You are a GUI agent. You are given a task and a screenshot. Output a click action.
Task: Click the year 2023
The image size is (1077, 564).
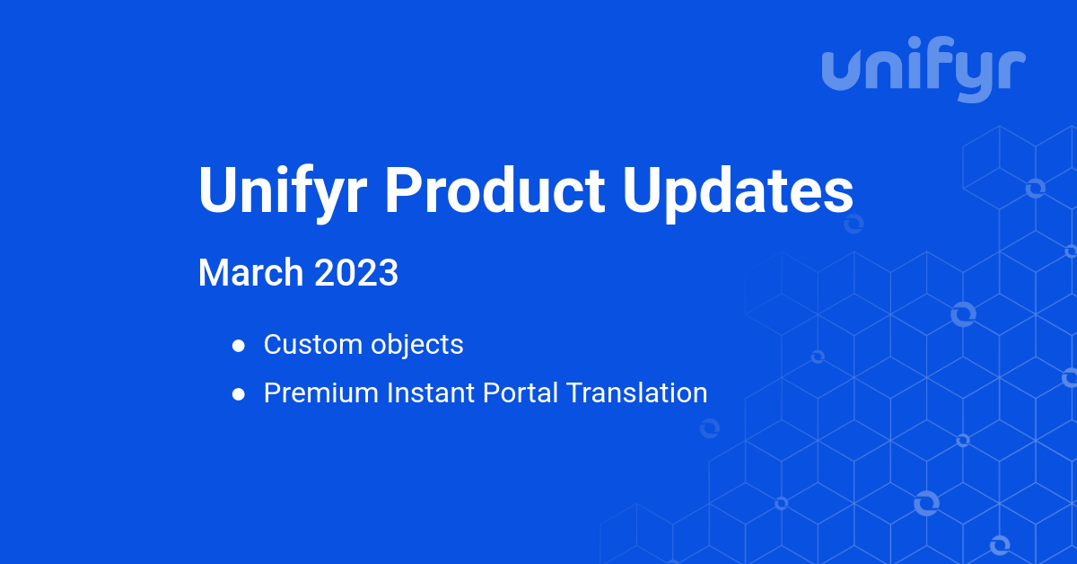tap(356, 273)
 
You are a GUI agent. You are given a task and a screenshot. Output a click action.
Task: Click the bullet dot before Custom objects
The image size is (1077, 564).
tap(239, 345)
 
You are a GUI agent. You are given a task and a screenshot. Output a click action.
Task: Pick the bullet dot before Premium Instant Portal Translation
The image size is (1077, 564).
tap(239, 393)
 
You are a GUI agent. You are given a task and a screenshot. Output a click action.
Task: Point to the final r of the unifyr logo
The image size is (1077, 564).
tap(1013, 72)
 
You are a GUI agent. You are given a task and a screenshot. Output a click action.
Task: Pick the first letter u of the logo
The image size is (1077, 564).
tap(844, 72)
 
